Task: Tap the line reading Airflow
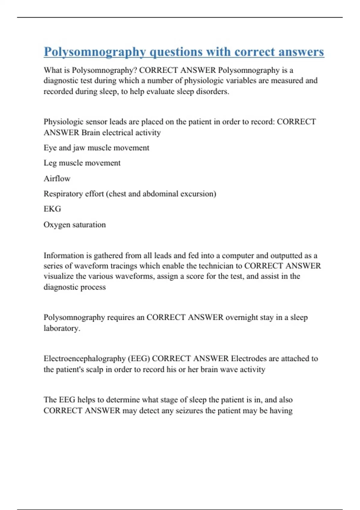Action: [x=57, y=179]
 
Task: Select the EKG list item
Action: [x=52, y=209]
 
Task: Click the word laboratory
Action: [x=61, y=328]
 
